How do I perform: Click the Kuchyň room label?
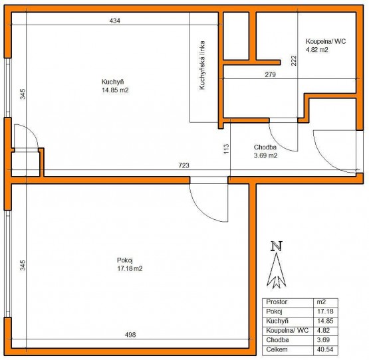[x=112, y=82]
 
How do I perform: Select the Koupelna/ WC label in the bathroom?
[x=326, y=41]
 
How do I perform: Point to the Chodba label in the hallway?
[x=265, y=147]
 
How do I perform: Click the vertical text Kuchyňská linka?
[x=202, y=65]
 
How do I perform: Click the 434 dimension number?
[x=115, y=21]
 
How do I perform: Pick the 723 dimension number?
[x=184, y=165]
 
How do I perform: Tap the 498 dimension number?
[x=130, y=335]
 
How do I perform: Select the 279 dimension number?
[x=271, y=75]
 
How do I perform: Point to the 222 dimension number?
[x=294, y=60]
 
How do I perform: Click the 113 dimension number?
[x=226, y=149]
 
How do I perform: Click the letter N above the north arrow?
[x=277, y=246]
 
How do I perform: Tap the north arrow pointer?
[x=277, y=270]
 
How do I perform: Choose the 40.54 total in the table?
[x=325, y=349]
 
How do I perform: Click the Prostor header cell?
[x=277, y=302]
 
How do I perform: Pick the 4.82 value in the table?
[x=323, y=330]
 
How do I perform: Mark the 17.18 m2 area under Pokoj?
[x=130, y=268]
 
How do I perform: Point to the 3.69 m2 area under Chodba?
[x=265, y=155]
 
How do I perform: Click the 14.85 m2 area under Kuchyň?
[x=115, y=90]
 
